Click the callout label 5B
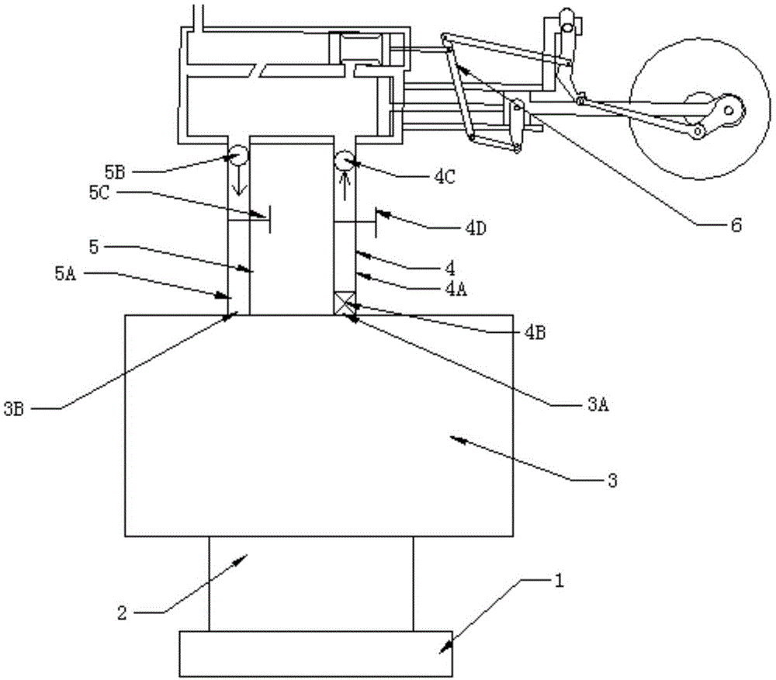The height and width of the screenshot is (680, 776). coord(115,172)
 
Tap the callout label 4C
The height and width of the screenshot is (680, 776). coord(445,177)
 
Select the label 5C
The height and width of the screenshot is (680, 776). coord(99,193)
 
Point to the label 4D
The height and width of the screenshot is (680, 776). coord(476,228)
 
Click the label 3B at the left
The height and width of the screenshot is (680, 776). coord(14,409)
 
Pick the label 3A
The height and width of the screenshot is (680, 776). coord(598,405)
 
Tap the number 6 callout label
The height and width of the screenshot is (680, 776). coord(736,225)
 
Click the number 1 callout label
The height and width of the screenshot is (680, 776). coord(559,580)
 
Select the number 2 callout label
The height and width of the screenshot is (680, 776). coord(122,614)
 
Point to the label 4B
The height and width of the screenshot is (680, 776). coord(535,332)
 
